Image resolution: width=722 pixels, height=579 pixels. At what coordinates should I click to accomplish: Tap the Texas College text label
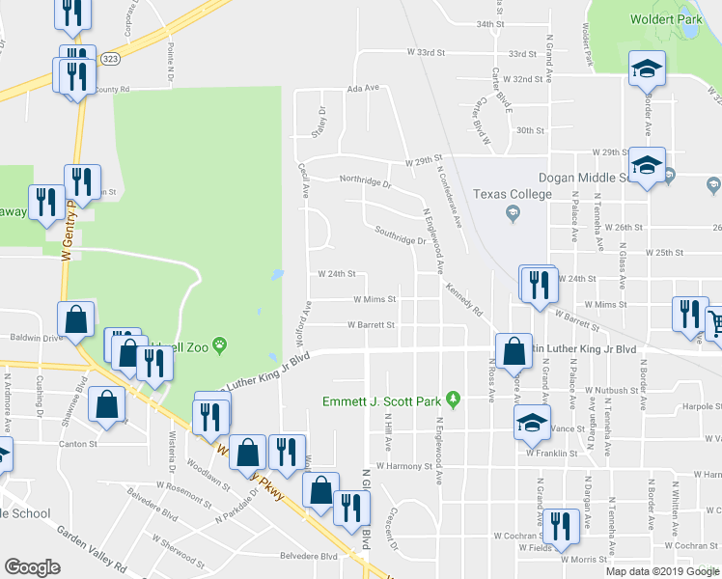pos(512,194)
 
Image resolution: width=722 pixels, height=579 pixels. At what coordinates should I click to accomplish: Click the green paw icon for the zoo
pos(221,344)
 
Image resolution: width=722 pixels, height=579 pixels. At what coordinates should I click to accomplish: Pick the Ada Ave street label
pos(364,88)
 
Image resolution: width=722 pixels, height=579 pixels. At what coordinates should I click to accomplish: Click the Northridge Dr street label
pos(364,180)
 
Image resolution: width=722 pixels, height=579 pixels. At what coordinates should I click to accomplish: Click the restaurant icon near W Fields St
pos(557,527)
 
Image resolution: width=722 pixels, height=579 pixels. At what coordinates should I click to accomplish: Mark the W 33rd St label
pos(425,52)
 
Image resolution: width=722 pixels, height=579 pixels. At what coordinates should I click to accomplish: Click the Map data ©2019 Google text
pos(662,571)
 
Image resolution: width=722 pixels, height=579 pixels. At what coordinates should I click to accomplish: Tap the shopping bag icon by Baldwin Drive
pos(75,319)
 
